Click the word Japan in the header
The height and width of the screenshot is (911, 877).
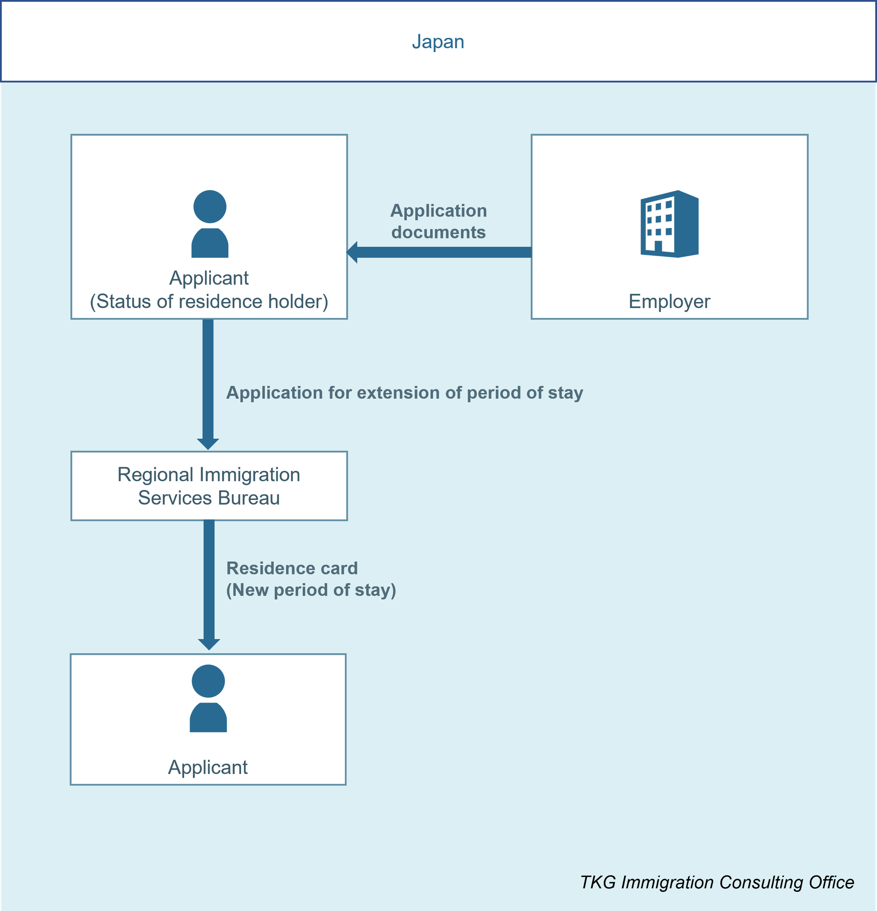(438, 42)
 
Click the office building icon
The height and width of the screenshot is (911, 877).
(669, 223)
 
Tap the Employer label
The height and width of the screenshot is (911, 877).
(669, 302)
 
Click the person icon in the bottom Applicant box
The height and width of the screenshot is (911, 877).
(208, 699)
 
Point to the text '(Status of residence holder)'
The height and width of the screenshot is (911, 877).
(209, 302)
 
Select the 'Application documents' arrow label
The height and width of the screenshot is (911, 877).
(438, 221)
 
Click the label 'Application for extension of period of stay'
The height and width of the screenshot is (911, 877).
(404, 393)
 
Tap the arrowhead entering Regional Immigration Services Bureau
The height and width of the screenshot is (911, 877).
(208, 444)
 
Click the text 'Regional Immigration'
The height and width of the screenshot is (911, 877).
(209, 475)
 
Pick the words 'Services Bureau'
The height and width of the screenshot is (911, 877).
(209, 498)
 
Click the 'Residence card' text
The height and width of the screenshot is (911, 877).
(292, 568)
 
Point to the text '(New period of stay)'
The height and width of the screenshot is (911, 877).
(311, 590)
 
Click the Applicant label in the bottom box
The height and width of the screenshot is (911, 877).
(208, 768)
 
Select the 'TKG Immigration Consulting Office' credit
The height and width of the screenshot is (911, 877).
(717, 882)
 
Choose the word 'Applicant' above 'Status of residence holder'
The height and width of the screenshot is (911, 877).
(209, 278)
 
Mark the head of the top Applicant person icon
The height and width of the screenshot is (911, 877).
(210, 207)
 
